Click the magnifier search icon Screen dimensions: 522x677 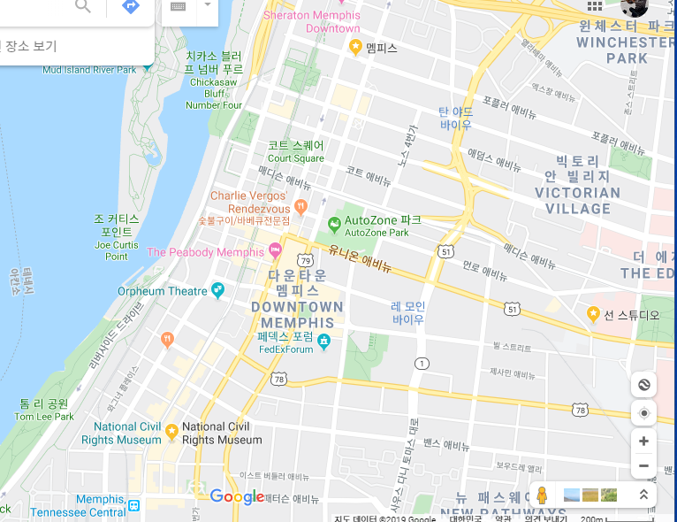tap(83, 7)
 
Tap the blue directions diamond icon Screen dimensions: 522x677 tap(131, 7)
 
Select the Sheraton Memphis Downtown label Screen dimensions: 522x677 tap(312, 21)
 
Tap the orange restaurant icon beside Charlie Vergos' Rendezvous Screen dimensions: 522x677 tap(300, 206)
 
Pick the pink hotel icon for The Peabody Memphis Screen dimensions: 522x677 tap(275, 252)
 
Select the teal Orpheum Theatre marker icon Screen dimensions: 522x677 tap(217, 290)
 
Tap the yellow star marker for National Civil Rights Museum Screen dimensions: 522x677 tap(171, 431)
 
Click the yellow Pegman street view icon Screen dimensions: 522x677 tap(542, 495)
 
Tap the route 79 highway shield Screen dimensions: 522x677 tap(305, 260)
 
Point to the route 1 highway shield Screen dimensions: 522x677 tap(422, 364)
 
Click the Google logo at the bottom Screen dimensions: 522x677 tap(237, 496)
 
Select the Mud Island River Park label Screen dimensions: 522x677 tap(88, 69)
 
